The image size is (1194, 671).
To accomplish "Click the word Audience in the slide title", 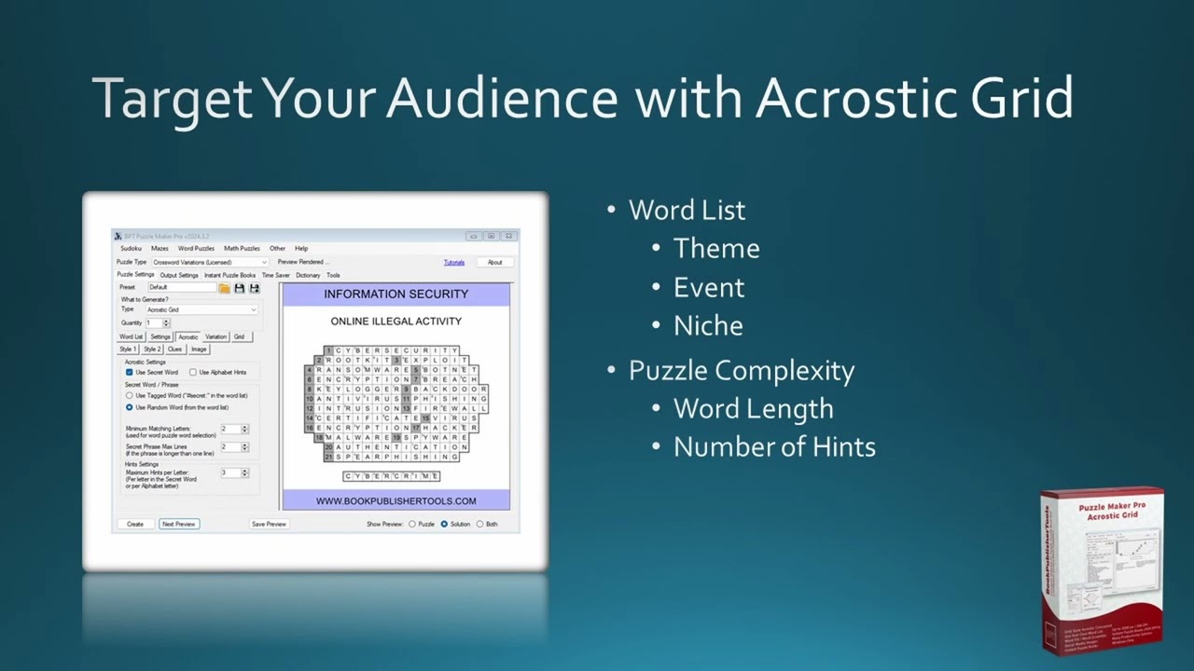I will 502,97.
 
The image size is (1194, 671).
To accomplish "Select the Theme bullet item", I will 716,249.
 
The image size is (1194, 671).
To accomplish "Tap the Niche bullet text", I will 708,326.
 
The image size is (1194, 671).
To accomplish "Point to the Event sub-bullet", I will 709,287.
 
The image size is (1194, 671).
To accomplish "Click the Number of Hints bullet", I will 774,447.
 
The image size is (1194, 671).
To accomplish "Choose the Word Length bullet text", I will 753,409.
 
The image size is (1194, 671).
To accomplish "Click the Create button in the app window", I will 135,524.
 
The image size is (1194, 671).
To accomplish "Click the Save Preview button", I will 269,524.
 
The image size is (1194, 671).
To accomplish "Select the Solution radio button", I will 444,524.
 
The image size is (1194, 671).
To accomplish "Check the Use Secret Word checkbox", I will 130,372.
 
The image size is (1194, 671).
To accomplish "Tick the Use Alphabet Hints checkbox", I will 193,372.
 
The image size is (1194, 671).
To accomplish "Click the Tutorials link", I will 454,262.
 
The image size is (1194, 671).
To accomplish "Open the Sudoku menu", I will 131,249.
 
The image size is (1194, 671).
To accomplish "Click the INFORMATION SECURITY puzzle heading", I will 396,294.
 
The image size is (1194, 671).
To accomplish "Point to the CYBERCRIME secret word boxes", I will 391,476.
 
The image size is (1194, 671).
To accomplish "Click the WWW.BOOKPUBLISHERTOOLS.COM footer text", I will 396,501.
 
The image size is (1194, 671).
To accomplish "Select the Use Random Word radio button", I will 130,407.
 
